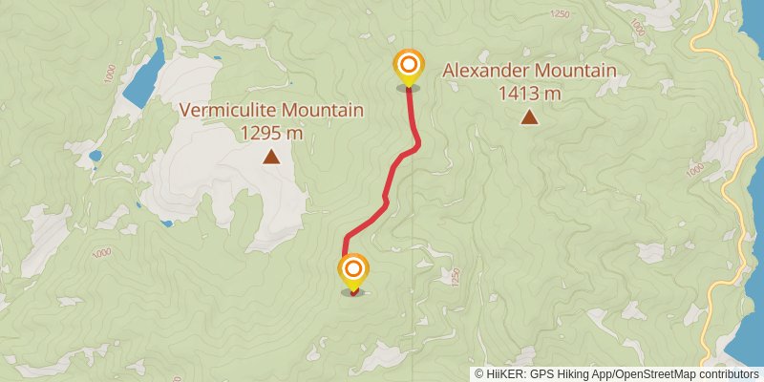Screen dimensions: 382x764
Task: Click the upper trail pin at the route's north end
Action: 409,66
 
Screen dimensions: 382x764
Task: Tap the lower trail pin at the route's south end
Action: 353,269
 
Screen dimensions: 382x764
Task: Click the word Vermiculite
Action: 227,111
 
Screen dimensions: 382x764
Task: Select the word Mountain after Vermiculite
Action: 321,111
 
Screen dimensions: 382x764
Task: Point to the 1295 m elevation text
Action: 272,133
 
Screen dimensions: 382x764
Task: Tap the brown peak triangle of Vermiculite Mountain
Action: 272,157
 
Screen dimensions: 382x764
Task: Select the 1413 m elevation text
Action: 529,94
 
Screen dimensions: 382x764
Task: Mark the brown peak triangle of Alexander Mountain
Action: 528,117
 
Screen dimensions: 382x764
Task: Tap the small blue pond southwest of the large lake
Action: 95,155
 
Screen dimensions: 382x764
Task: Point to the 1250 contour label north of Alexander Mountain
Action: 560,14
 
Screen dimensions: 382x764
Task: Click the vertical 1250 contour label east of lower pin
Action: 456,278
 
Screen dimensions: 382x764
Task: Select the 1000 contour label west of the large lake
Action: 110,74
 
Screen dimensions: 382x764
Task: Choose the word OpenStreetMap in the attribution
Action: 653,373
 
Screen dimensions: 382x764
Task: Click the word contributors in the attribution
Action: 727,373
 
